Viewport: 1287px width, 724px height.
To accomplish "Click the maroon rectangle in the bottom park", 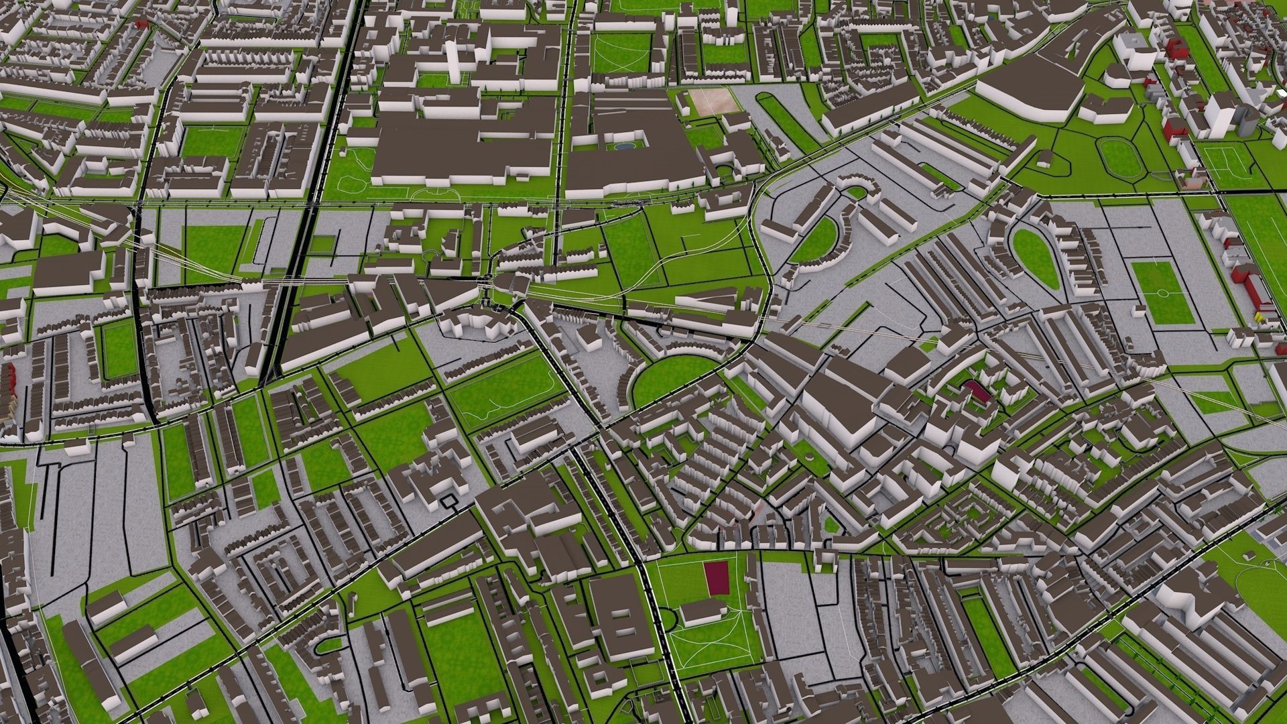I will point(717,577).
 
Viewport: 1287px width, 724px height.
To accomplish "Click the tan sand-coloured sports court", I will point(712,101).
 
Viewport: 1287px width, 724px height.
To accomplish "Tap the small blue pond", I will point(623,145).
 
